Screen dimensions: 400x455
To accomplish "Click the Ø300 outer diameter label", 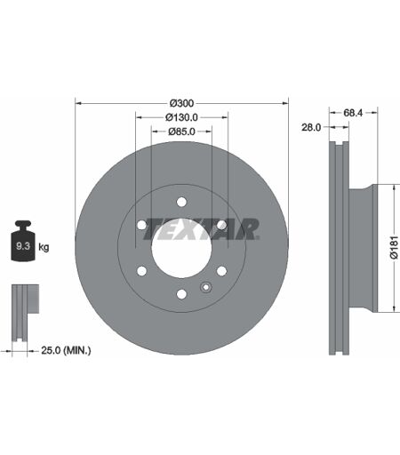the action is click(x=181, y=103).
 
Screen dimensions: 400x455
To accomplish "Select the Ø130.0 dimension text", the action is click(x=181, y=117).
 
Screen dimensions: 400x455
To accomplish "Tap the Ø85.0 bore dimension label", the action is click(x=181, y=132).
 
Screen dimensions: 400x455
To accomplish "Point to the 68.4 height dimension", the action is click(x=353, y=113).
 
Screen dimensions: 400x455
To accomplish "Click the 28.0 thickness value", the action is click(x=311, y=127).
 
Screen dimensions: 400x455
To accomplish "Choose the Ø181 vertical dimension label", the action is click(x=394, y=248).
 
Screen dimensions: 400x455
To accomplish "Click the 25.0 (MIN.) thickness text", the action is click(x=66, y=350).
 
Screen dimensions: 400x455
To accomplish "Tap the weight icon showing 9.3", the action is click(x=23, y=241).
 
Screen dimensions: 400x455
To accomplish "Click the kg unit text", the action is click(x=44, y=247).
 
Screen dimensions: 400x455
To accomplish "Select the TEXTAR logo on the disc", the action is click(x=202, y=229).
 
